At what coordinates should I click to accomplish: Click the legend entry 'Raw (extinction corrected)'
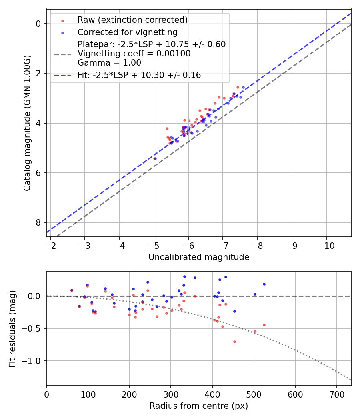(132, 20)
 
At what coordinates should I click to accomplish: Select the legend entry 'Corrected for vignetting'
(127, 32)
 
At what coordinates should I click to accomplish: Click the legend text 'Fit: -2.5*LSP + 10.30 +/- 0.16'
(139, 75)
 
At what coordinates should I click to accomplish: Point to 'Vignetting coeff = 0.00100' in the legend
(134, 54)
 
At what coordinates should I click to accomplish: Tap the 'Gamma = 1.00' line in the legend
(109, 63)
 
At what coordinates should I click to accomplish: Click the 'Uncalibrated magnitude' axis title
(199, 257)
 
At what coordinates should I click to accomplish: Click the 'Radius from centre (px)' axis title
(199, 406)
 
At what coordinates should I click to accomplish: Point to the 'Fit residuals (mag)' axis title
(12, 328)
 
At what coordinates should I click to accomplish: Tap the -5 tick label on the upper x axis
(154, 245)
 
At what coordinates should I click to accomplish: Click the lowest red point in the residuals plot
(234, 342)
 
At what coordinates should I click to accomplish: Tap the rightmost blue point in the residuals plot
(264, 284)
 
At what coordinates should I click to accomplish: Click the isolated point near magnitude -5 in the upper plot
(155, 158)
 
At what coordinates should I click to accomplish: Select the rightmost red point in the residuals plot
(264, 325)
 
